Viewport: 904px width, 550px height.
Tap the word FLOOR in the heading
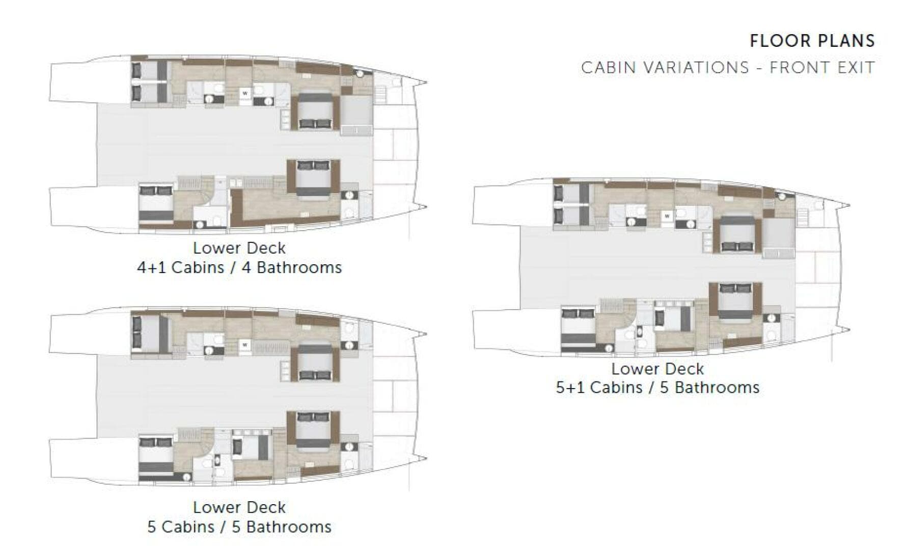pos(776,41)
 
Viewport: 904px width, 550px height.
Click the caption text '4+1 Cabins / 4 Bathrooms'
pos(239,267)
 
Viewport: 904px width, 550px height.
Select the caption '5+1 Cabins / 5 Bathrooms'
pos(658,388)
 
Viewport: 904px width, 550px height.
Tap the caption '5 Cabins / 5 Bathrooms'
pos(239,527)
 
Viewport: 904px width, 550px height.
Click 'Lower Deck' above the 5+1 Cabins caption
pos(658,368)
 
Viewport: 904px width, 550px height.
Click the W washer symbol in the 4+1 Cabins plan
pos(245,93)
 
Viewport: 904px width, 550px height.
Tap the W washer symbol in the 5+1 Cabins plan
pos(667,216)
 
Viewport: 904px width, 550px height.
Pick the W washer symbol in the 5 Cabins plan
pos(245,345)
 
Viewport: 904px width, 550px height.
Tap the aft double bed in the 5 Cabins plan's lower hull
pos(156,454)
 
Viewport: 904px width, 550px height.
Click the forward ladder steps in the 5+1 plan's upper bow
pos(803,217)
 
